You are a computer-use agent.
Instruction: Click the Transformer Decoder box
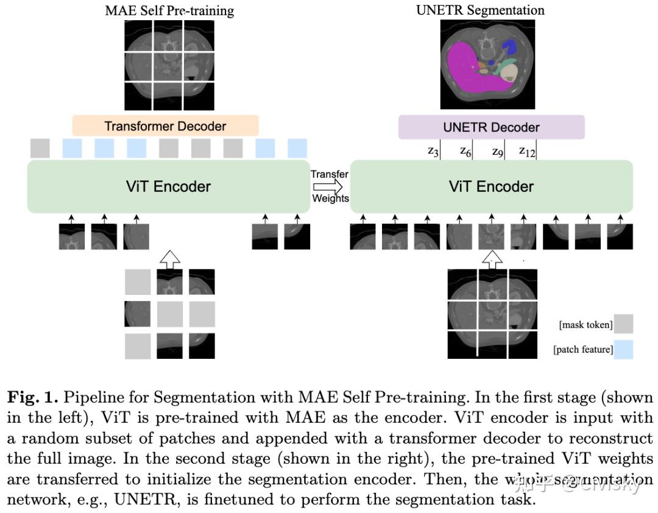pos(165,126)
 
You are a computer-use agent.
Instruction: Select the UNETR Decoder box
pos(491,127)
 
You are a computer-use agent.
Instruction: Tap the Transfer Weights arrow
pos(330,186)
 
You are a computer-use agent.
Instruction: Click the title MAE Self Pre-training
pos(169,10)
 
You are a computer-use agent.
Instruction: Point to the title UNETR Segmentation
pos(480,10)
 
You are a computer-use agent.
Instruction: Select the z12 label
pos(526,151)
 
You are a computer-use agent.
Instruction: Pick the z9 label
pos(497,151)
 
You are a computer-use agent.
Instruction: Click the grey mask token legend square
pos(624,324)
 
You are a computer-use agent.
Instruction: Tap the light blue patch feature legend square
pos(624,349)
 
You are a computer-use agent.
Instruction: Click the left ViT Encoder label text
pos(168,186)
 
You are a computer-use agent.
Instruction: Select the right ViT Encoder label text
pos(491,186)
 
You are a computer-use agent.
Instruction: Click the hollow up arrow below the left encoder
pos(170,258)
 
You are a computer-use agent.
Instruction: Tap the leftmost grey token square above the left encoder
pos(40,148)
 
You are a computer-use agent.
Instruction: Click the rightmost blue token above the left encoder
pos(297,148)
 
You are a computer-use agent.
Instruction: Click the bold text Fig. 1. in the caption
pos(32,398)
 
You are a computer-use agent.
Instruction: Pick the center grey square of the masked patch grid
pos(169,314)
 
